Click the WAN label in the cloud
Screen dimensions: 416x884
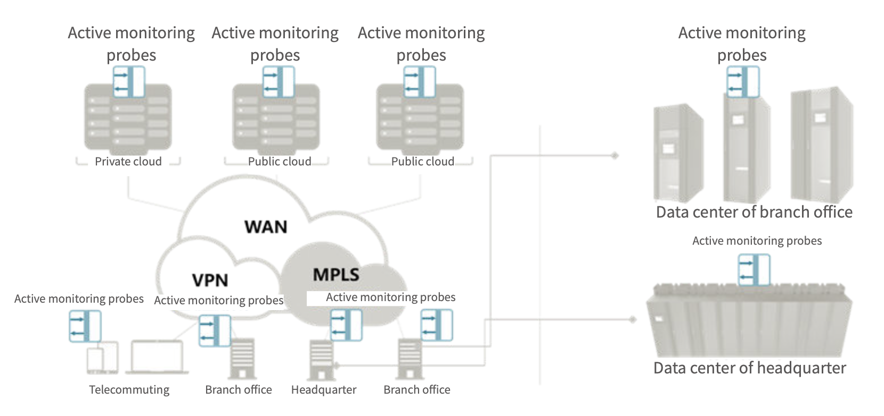click(x=266, y=227)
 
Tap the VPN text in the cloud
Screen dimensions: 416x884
click(x=210, y=280)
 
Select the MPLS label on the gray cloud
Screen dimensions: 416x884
click(x=335, y=274)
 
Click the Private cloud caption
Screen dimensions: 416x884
click(x=128, y=162)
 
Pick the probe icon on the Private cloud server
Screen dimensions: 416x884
click(x=129, y=81)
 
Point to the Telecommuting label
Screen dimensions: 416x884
click(x=129, y=390)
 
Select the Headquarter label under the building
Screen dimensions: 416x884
click(x=323, y=390)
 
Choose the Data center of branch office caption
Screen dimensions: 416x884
click(x=754, y=212)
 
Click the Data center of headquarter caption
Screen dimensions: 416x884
click(x=749, y=368)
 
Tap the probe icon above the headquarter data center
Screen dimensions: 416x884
click(x=754, y=270)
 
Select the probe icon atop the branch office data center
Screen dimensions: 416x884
click(x=743, y=81)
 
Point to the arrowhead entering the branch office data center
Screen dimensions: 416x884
click(x=615, y=156)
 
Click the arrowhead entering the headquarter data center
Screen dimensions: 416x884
click(x=632, y=320)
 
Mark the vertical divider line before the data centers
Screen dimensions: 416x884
click(x=539, y=255)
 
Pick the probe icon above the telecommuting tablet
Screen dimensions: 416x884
click(x=85, y=326)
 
